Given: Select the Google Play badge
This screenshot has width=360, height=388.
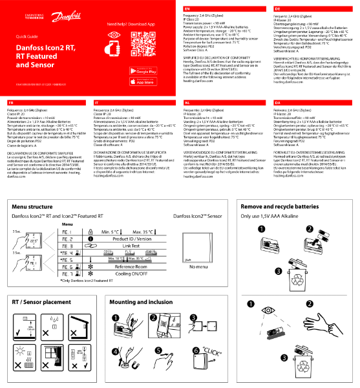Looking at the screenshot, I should click(146, 70).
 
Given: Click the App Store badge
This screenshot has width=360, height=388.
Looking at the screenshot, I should click(146, 81).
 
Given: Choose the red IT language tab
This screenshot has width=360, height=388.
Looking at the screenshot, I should click(97, 102).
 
